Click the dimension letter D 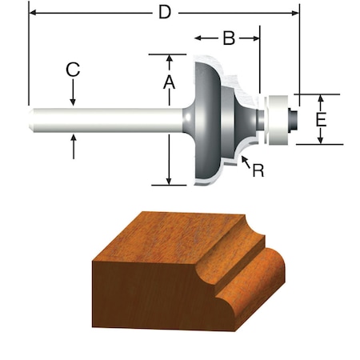click(x=164, y=14)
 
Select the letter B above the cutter click(x=227, y=38)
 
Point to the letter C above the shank click(x=73, y=70)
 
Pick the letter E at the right click(x=320, y=120)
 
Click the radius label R click(x=258, y=170)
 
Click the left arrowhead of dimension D click(x=33, y=14)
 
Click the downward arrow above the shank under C click(x=73, y=102)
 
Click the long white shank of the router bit click(x=104, y=120)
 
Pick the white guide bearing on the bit click(x=276, y=120)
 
